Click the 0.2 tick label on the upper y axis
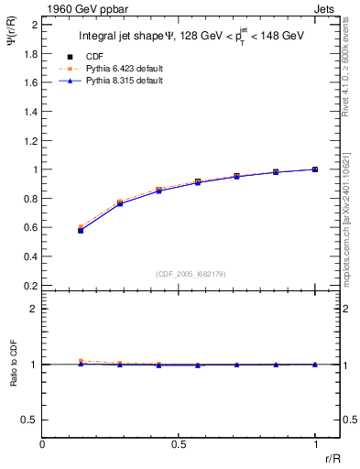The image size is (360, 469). [x=30, y=285]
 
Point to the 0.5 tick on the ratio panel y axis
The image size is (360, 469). [x=30, y=420]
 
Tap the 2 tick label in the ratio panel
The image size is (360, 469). [x=35, y=309]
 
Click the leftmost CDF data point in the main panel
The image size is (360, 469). [x=81, y=230]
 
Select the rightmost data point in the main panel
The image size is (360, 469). [x=314, y=169]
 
